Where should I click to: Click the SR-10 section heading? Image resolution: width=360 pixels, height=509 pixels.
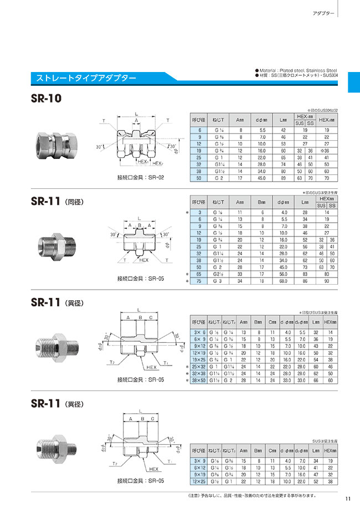pyautogui.click(x=47, y=99)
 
